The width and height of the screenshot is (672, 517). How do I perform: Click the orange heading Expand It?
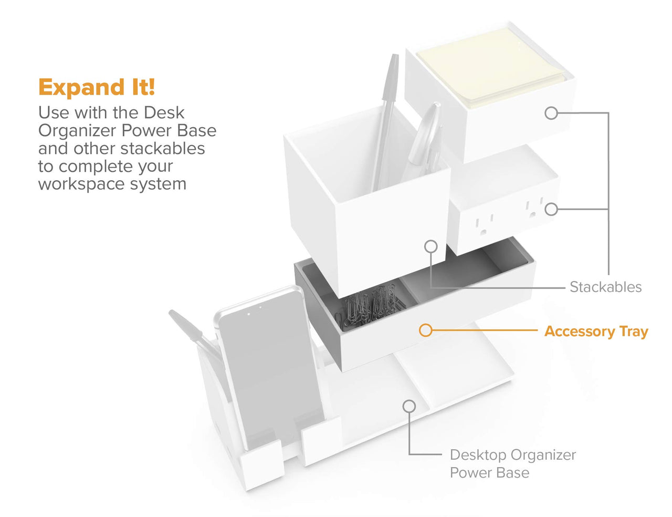97,88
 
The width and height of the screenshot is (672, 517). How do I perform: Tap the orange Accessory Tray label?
596,332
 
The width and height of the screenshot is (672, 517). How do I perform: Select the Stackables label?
605,287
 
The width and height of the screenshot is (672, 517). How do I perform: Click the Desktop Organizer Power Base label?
513,463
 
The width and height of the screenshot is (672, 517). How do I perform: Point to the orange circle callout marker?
426,330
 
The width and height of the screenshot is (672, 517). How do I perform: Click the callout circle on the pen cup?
431,246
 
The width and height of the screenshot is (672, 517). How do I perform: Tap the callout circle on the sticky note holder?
551,113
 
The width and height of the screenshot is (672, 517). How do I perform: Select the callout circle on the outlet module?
551,210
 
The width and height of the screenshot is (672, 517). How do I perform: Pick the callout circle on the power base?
409,406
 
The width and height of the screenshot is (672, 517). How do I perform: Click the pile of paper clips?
370,307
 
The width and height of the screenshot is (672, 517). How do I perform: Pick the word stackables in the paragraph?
162,149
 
